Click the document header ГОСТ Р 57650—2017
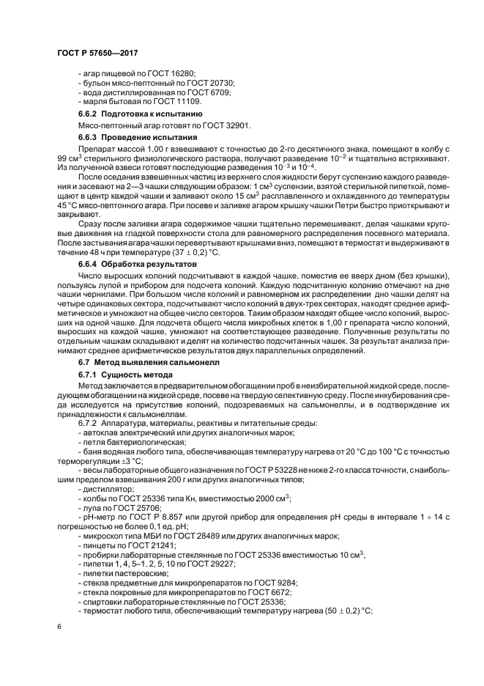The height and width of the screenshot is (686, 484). click(97, 54)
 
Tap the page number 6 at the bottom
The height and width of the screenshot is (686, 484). click(58, 627)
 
